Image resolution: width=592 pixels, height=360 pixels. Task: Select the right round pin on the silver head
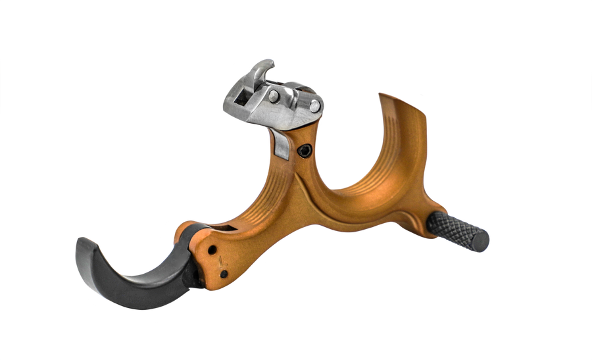point(314,105)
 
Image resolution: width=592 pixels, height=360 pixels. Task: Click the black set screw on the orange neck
point(305,152)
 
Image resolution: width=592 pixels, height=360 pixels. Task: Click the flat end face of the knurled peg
point(483,242)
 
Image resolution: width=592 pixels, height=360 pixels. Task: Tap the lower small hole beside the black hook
point(224,274)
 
